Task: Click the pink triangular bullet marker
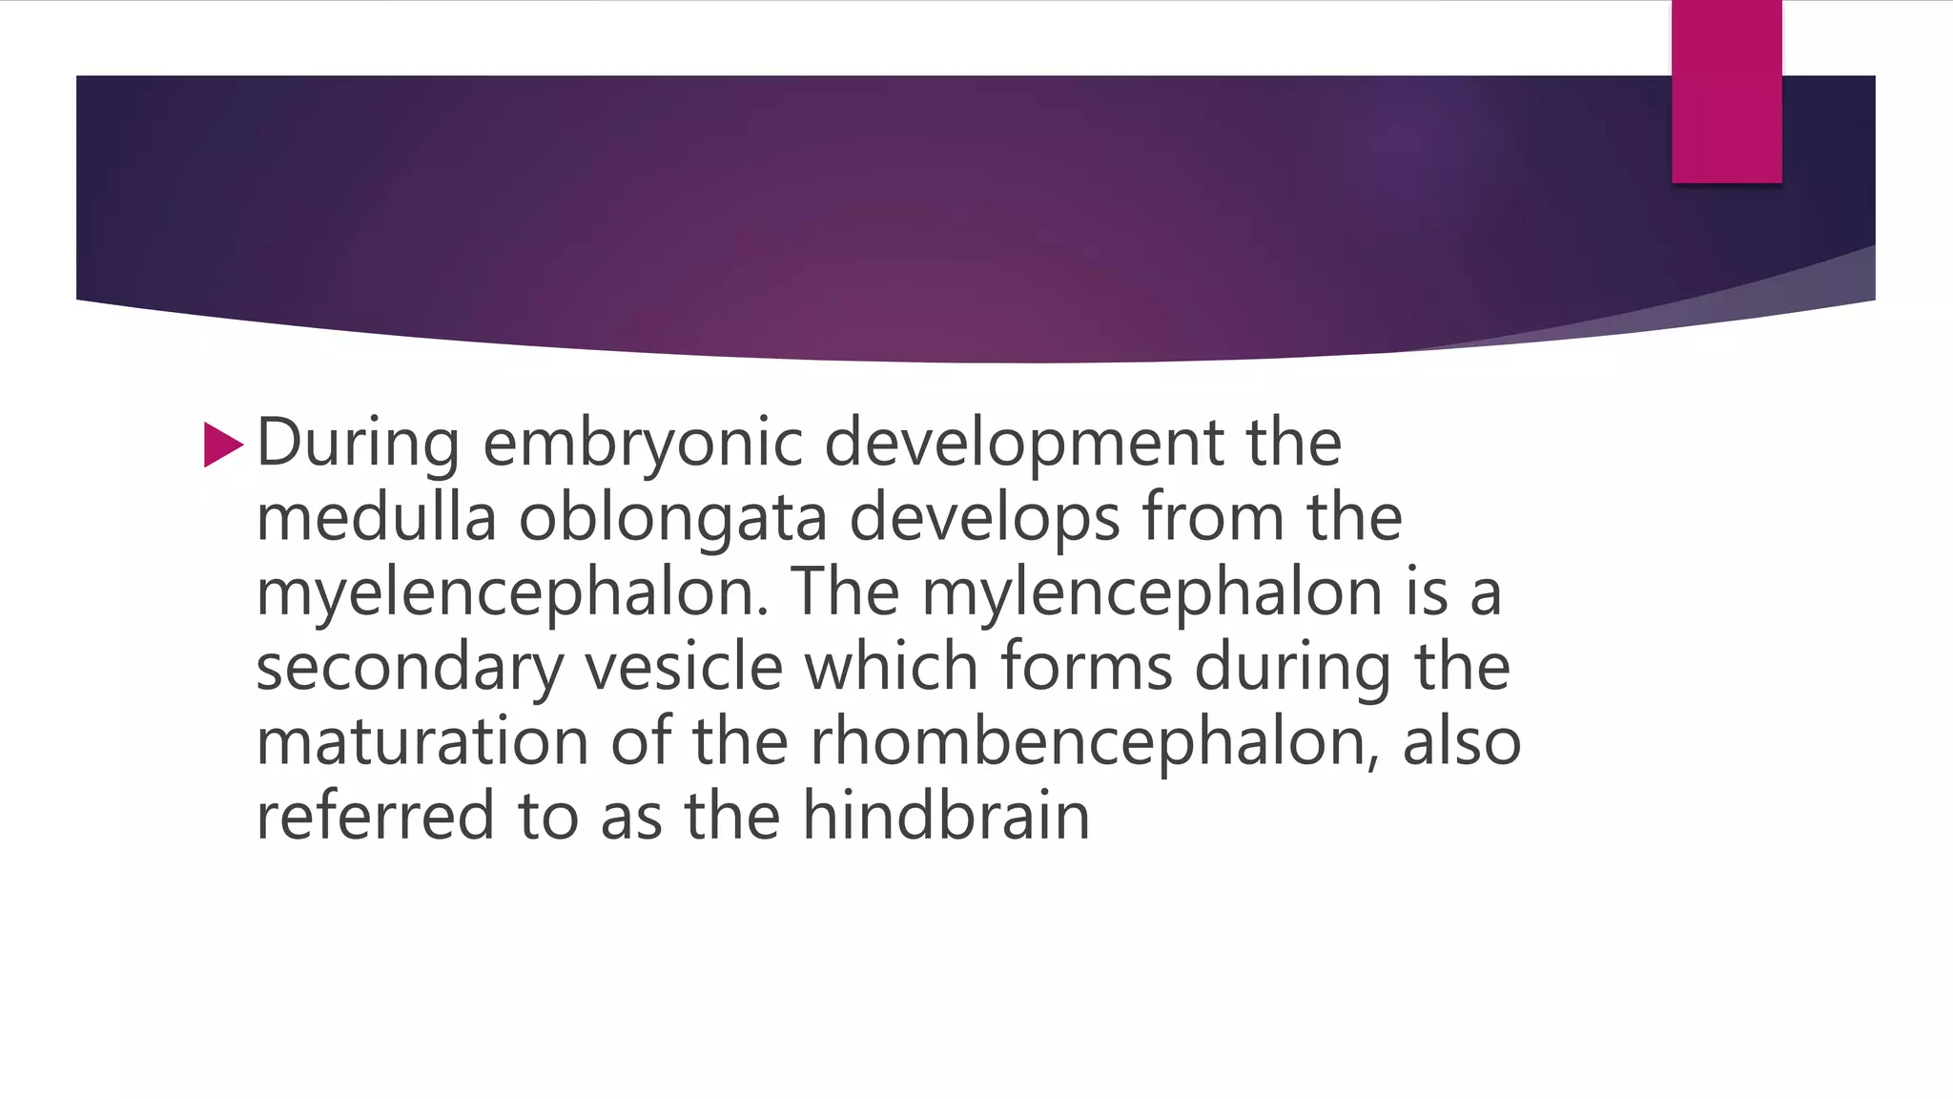click(223, 446)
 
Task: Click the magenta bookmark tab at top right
click(1726, 92)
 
